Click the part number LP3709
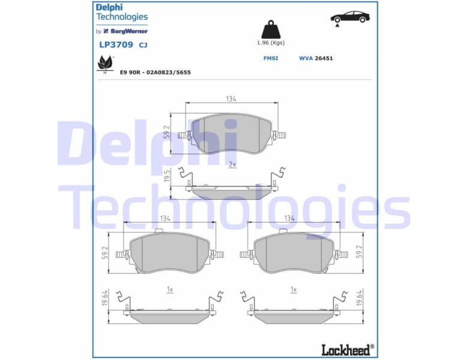point(116,44)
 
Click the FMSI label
point(270,58)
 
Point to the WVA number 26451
point(324,58)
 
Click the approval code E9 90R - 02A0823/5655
point(156,72)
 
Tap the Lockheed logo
point(348,348)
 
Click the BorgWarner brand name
point(129,31)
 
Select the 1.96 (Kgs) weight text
point(270,43)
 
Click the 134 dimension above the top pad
point(231,98)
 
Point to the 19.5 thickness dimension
point(168,176)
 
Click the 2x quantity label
point(232,164)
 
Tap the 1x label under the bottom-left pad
point(170,290)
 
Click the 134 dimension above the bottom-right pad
point(289,218)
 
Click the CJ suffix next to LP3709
point(143,45)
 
